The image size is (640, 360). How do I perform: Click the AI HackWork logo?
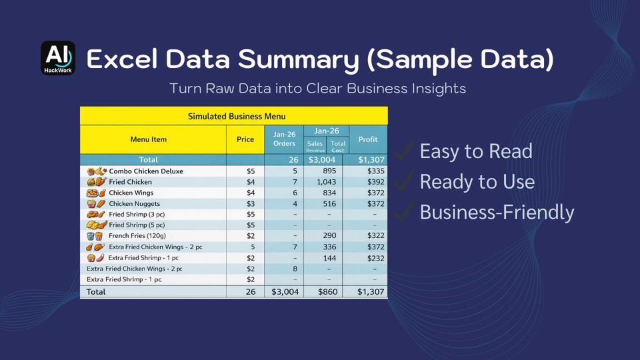[58, 58]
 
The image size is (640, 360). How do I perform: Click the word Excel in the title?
[122, 59]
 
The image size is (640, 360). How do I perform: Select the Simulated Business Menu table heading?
[236, 116]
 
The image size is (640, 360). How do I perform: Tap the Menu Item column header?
[148, 139]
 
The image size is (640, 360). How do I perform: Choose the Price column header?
[245, 139]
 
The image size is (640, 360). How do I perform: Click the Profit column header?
[368, 139]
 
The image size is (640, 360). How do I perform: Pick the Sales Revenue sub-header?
[315, 146]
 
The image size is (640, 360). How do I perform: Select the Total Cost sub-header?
[338, 147]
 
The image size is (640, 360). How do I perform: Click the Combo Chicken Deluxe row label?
[146, 171]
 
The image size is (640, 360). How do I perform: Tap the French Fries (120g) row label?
[137, 235]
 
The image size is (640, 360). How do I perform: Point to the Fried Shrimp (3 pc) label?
[137, 214]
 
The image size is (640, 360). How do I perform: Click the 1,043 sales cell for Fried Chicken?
[326, 182]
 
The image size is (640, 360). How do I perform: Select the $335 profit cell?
[375, 171]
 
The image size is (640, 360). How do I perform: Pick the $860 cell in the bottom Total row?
[327, 292]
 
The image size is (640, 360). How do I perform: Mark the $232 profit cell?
[375, 258]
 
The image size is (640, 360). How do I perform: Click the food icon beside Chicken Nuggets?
[96, 203]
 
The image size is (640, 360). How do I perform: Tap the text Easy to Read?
[476, 151]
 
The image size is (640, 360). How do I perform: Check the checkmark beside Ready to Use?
[404, 181]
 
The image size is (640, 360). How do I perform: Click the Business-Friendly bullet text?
[497, 212]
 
